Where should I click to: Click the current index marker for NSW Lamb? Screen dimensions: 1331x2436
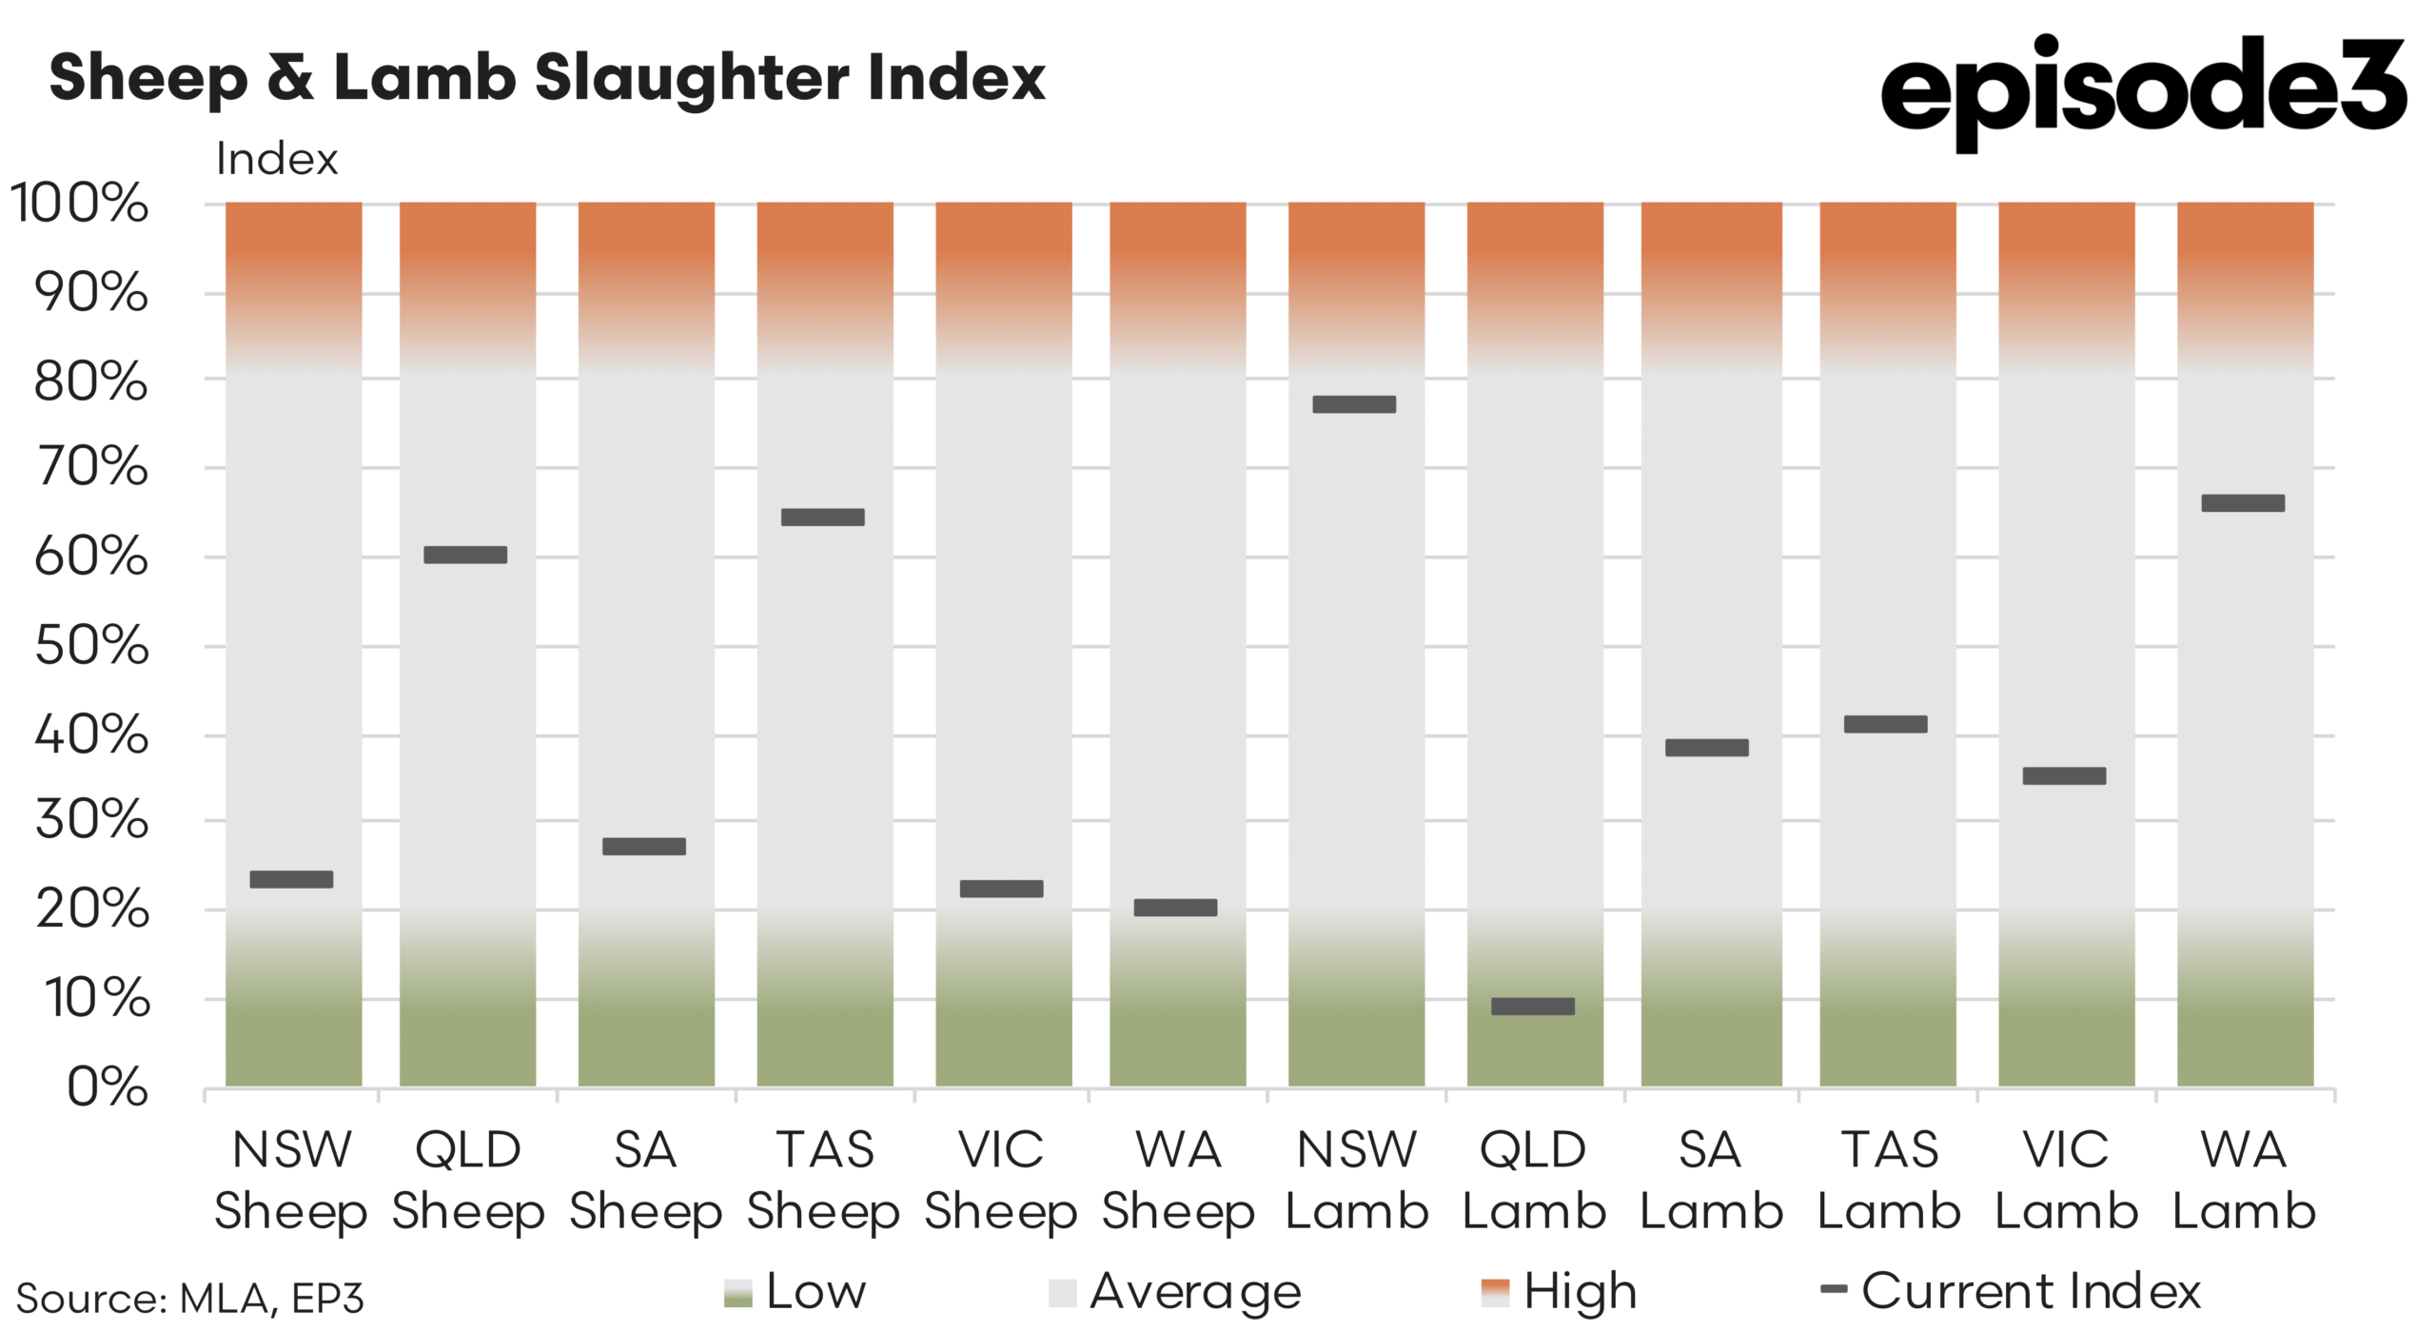(1353, 404)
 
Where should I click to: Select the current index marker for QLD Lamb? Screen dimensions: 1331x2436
(1532, 1007)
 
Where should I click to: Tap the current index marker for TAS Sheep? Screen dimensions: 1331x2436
(822, 518)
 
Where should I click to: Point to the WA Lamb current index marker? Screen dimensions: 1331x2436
(2243, 503)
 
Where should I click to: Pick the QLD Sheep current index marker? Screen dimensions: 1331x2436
(465, 555)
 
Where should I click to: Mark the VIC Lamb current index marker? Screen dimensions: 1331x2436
(2064, 775)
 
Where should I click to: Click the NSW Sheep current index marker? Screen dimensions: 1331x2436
(291, 879)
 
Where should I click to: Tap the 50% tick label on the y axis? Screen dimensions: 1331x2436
(91, 646)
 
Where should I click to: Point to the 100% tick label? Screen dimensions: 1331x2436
(79, 203)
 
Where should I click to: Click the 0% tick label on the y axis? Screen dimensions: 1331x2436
(108, 1086)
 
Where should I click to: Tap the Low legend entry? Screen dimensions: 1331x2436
(796, 1292)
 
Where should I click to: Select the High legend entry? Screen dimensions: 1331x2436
(1559, 1292)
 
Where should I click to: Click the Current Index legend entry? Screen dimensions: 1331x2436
(2010, 1292)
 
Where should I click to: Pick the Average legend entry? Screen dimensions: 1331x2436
(1175, 1292)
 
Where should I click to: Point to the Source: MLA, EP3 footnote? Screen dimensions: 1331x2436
(190, 1299)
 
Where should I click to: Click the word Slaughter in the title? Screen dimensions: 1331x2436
(690, 78)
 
